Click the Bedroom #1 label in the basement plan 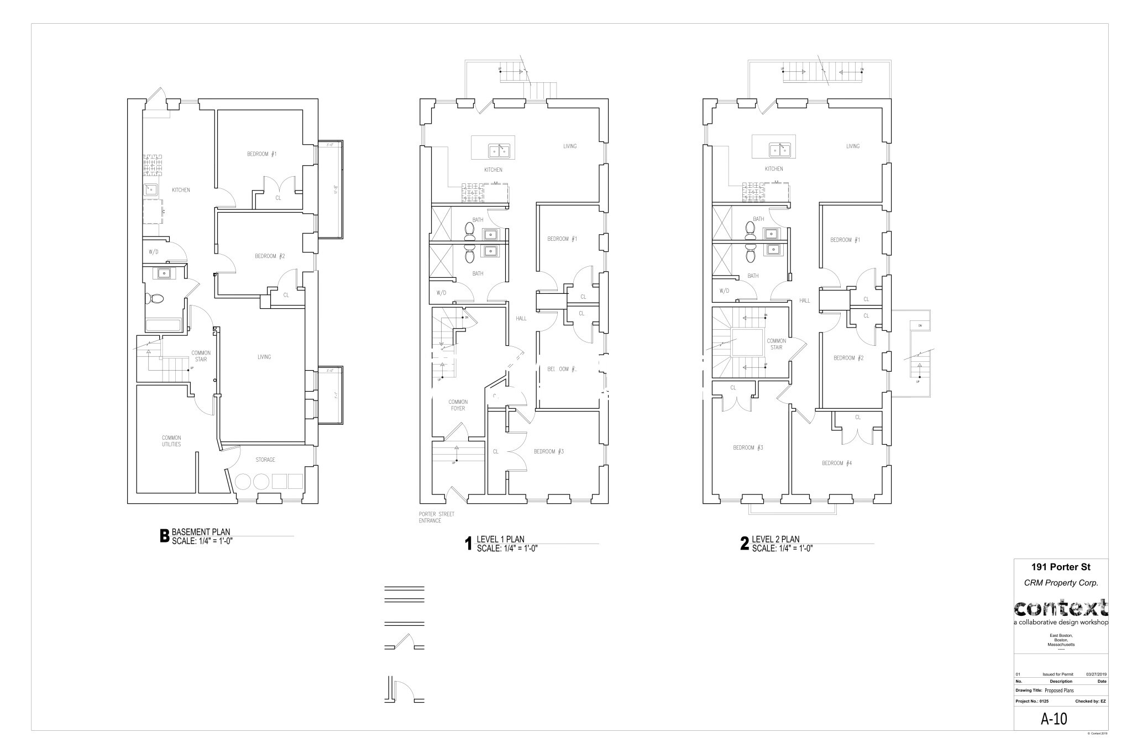pos(261,154)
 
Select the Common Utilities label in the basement pos(171,441)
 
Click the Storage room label pos(265,460)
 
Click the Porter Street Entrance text pos(436,517)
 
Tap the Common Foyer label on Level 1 pos(458,405)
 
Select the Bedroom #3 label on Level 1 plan pos(548,451)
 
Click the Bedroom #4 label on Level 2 pos(836,463)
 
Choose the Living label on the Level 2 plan pos(852,146)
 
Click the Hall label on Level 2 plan pos(804,300)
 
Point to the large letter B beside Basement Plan pos(164,536)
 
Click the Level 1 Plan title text pos(500,540)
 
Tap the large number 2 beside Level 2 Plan pos(745,544)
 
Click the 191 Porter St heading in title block pos(1061,567)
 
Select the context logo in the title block pos(1061,609)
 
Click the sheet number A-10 pos(1054,719)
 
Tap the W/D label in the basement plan pos(154,252)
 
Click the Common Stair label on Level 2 pos(776,344)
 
